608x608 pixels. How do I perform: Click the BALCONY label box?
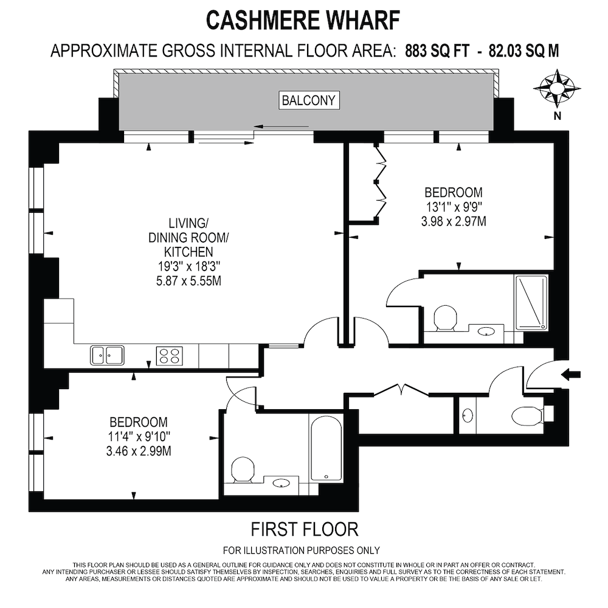point(309,100)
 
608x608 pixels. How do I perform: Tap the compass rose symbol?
point(557,88)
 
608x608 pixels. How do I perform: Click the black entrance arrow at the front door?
point(571,374)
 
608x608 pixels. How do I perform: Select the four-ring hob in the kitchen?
point(170,356)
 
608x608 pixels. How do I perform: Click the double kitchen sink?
point(108,355)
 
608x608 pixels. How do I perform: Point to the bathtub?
point(326,448)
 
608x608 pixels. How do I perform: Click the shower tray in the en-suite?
point(531,303)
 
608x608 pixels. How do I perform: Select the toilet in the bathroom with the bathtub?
point(243,470)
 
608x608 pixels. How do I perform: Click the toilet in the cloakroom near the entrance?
point(528,416)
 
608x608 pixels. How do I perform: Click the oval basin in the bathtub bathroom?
point(281,483)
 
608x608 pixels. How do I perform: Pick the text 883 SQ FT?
point(437,51)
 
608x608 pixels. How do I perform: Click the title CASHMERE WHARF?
point(303,21)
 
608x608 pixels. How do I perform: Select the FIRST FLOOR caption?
point(305,530)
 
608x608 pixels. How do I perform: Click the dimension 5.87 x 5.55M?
point(189,281)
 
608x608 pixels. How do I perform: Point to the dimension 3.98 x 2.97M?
point(454,221)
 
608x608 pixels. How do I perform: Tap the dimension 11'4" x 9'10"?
point(139,437)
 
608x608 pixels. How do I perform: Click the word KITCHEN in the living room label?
point(188,252)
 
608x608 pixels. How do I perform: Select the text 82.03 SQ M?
point(524,51)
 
